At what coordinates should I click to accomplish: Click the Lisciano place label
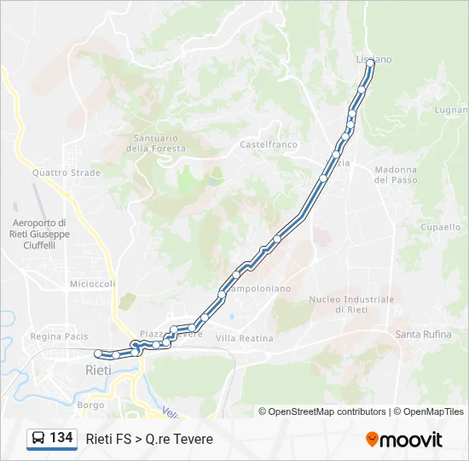tap(373, 60)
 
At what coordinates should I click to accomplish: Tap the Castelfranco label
tap(269, 144)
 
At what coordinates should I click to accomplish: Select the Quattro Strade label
tap(67, 172)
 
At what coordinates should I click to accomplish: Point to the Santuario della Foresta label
tap(156, 143)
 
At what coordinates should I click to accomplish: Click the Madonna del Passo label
tap(396, 175)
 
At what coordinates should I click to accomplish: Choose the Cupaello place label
tap(441, 227)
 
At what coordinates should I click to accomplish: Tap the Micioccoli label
tap(92, 283)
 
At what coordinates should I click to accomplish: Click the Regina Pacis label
tap(59, 336)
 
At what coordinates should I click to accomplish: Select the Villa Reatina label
tap(245, 338)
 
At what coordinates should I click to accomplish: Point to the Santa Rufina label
tap(424, 334)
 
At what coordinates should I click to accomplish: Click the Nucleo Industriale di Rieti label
tap(351, 304)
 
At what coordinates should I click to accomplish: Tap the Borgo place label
tap(90, 405)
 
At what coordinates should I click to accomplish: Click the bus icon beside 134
tap(38, 439)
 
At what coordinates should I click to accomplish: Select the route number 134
tap(61, 438)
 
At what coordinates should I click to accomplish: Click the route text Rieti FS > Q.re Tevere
tap(149, 439)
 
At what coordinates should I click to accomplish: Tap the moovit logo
tap(404, 440)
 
